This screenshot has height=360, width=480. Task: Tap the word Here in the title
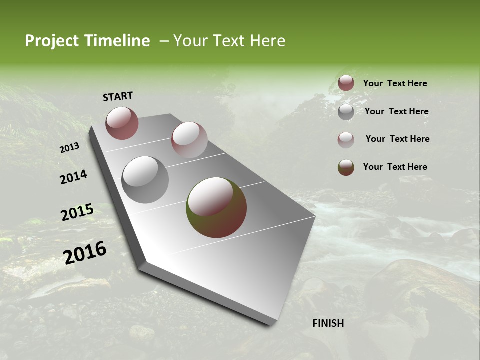point(267,41)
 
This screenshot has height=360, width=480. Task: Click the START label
point(118,96)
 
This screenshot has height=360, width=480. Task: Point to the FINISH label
point(328,323)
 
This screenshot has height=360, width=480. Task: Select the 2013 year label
point(69,148)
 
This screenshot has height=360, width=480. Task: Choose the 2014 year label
point(74,177)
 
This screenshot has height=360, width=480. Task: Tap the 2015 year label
point(77,212)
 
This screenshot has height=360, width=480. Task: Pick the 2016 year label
point(85,253)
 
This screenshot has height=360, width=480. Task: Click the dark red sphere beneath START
point(122,123)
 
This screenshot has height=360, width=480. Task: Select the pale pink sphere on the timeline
point(189,140)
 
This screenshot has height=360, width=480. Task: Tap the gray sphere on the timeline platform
point(145,180)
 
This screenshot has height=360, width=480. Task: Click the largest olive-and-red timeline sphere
point(216,207)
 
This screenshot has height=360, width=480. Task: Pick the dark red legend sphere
point(346,83)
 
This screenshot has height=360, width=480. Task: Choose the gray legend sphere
point(346,112)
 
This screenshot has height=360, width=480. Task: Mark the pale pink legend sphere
point(346,140)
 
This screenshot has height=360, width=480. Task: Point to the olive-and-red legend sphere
point(346,167)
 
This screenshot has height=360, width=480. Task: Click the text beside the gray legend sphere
point(396,111)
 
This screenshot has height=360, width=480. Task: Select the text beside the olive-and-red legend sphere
point(395,167)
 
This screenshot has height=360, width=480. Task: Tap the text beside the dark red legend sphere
point(395,83)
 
